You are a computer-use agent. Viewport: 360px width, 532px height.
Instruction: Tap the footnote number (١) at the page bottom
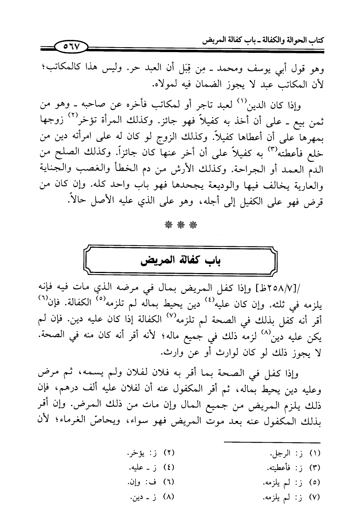(x=316, y=453)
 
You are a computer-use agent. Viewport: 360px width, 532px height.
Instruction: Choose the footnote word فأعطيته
(x=277, y=467)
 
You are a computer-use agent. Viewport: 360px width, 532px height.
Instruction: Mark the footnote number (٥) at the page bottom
(x=316, y=481)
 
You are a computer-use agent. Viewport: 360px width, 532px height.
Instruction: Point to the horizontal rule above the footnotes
(x=272, y=442)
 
